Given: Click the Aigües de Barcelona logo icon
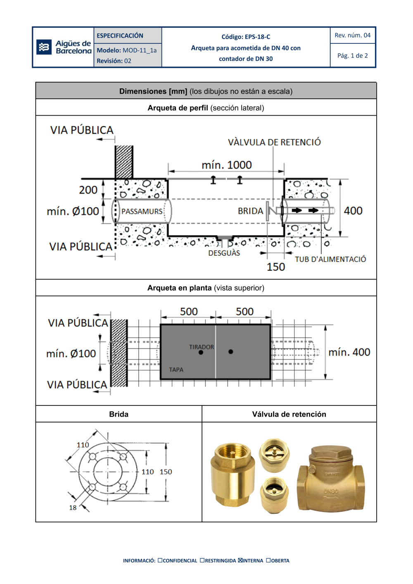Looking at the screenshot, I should click(x=44, y=47).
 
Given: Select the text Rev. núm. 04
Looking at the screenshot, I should click(x=352, y=36).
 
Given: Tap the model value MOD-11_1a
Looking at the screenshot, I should click(x=140, y=50).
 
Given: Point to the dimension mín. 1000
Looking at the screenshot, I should click(x=226, y=165).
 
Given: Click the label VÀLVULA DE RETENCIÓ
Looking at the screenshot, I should click(x=274, y=142).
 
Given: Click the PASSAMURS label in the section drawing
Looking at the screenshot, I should click(x=142, y=211).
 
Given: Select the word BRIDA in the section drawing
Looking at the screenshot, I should click(x=250, y=211).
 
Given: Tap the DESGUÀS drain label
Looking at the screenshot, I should click(x=224, y=253).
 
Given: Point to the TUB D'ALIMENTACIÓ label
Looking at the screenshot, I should click(x=330, y=259).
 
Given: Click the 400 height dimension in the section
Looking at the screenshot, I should click(x=353, y=211).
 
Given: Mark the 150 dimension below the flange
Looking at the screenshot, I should click(x=276, y=267).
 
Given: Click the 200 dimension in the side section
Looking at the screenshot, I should click(x=88, y=190).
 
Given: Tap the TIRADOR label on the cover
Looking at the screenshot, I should click(x=202, y=347).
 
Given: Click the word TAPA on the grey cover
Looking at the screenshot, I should click(x=176, y=369).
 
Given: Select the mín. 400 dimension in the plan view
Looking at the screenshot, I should click(x=349, y=352).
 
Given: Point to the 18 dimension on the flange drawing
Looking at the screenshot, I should click(x=73, y=508).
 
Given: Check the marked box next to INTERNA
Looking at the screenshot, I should click(x=240, y=560).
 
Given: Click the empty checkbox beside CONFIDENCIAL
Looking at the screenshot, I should click(x=160, y=560).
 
